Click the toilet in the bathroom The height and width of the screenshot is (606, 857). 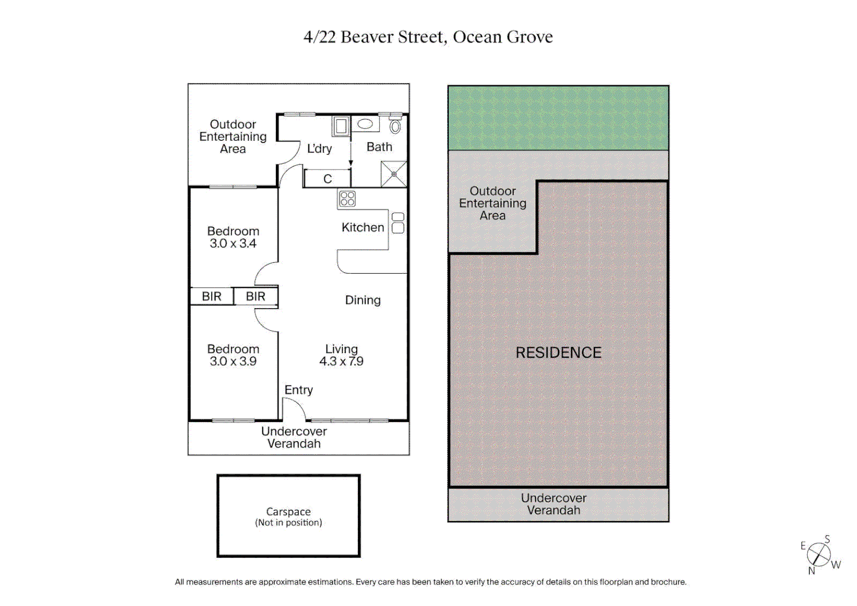[x=395, y=125]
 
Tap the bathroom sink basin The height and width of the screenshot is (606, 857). [x=365, y=123]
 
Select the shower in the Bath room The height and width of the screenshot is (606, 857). [x=394, y=174]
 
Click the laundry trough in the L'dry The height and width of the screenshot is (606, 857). [x=340, y=126]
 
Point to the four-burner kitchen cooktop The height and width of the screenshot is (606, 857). [x=347, y=199]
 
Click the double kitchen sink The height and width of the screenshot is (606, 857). [x=398, y=223]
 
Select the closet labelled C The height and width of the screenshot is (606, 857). [x=328, y=178]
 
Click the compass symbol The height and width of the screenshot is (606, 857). [x=819, y=555]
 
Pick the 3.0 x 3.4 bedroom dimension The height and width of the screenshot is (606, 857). [x=233, y=244]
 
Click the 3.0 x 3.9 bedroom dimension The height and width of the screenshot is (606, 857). [x=233, y=361]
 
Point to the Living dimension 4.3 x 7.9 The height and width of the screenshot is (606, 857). [x=341, y=361]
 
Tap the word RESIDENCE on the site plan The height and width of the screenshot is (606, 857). [x=558, y=352]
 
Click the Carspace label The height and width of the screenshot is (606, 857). [x=288, y=512]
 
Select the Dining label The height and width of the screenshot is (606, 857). [x=363, y=300]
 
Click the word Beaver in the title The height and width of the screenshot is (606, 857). [x=366, y=37]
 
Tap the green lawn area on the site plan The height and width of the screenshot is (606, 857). [x=558, y=118]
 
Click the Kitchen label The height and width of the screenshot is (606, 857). [x=363, y=227]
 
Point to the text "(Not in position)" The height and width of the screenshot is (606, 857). [x=288, y=522]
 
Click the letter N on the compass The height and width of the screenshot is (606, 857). [x=812, y=571]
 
